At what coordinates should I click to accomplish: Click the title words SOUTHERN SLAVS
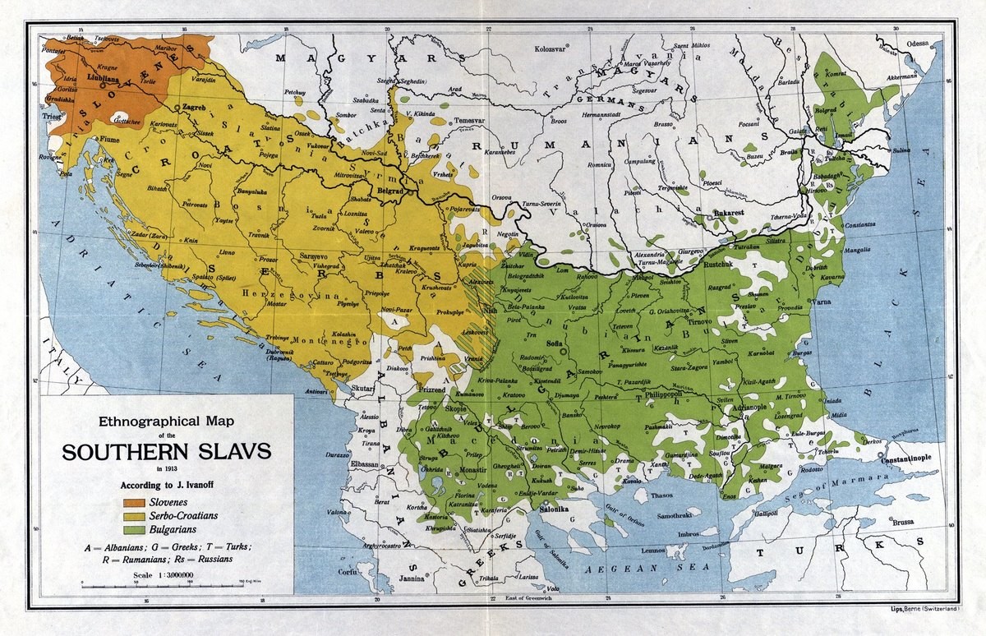(x=167, y=453)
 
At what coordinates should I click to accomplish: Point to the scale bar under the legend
(x=164, y=583)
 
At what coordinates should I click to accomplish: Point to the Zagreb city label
(x=194, y=108)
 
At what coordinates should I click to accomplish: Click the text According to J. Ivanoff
(x=167, y=484)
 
